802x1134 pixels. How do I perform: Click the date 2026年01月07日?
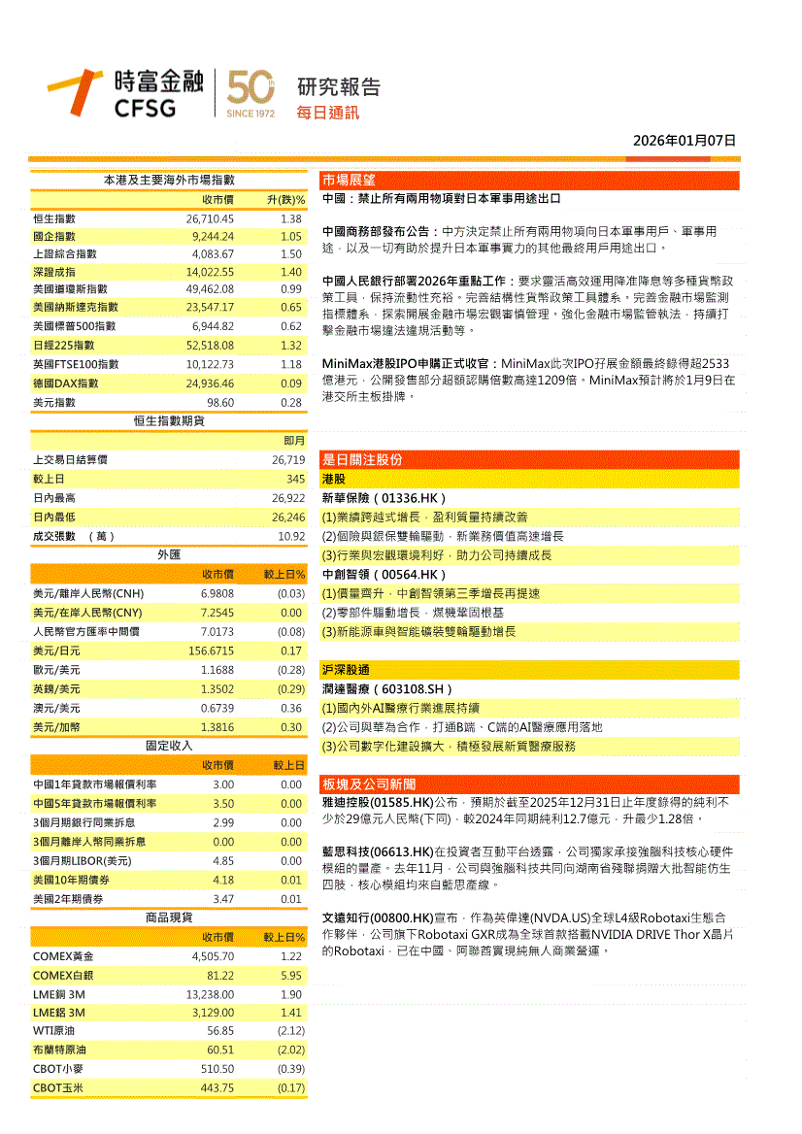click(685, 141)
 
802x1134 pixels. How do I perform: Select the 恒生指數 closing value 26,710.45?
click(211, 218)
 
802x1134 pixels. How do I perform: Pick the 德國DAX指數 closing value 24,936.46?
click(211, 384)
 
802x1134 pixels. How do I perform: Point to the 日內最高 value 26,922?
click(288, 498)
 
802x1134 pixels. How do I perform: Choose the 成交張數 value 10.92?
click(291, 536)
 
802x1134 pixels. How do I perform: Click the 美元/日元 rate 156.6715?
click(211, 650)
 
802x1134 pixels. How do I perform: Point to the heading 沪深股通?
click(346, 670)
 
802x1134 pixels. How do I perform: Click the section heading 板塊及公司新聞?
click(369, 784)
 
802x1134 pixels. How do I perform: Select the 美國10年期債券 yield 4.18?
click(223, 880)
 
